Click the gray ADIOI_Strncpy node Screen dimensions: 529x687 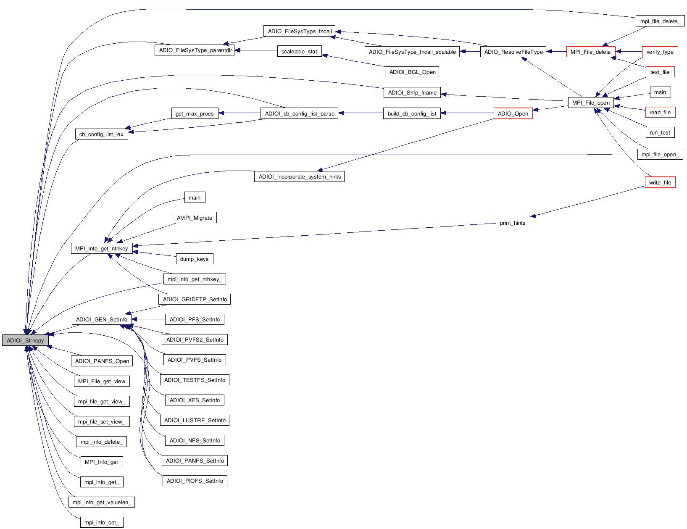pyautogui.click(x=25, y=340)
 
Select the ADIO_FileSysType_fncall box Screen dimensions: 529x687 pyautogui.click(x=300, y=31)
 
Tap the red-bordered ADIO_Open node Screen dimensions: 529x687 pyautogui.click(x=513, y=113)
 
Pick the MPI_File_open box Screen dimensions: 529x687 pyautogui.click(x=590, y=103)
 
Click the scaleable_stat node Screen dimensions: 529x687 pyautogui.click(x=299, y=52)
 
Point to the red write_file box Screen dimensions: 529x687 pyautogui.click(x=660, y=182)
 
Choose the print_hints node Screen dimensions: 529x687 pyautogui.click(x=513, y=223)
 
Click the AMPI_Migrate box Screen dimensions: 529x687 pyautogui.click(x=194, y=218)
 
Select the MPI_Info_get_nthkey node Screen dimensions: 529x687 pyautogui.click(x=101, y=248)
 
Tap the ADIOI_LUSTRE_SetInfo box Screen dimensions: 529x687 pyautogui.click(x=195, y=420)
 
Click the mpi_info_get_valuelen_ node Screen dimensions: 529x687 pyautogui.click(x=101, y=502)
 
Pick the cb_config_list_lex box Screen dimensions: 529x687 pyautogui.click(x=101, y=134)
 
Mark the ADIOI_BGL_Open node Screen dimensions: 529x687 pyautogui.click(x=412, y=72)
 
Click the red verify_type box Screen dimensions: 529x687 pyautogui.click(x=660, y=52)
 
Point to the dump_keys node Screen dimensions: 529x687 pyautogui.click(x=194, y=259)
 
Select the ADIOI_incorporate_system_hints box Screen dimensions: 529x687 pyautogui.click(x=299, y=176)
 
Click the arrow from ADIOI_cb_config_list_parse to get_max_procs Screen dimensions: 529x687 pyautogui.click(x=240, y=113)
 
